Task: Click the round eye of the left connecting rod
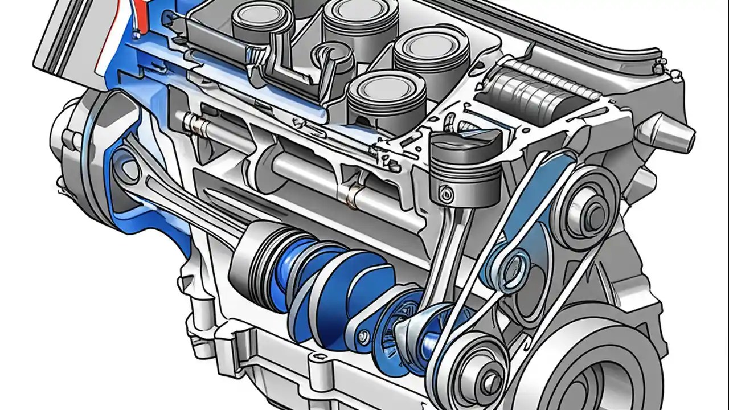coord(127,169)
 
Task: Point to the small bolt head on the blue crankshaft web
coord(363,338)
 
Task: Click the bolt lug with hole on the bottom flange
coord(315,364)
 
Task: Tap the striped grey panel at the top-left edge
coord(63,34)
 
